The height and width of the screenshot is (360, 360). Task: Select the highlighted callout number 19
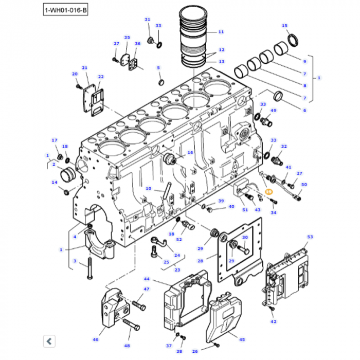click(267, 191)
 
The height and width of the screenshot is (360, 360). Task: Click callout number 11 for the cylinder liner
click(221, 32)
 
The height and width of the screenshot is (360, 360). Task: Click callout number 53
click(310, 237)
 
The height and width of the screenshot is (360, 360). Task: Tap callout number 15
click(284, 25)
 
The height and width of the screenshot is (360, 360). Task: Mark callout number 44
click(147, 279)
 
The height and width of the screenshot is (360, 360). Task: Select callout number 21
click(85, 68)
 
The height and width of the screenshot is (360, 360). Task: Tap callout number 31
click(147, 20)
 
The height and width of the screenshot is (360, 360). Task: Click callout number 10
click(148, 188)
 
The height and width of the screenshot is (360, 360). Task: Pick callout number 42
click(274, 321)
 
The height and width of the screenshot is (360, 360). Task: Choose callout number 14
click(54, 183)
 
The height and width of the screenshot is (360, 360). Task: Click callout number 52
click(179, 239)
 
